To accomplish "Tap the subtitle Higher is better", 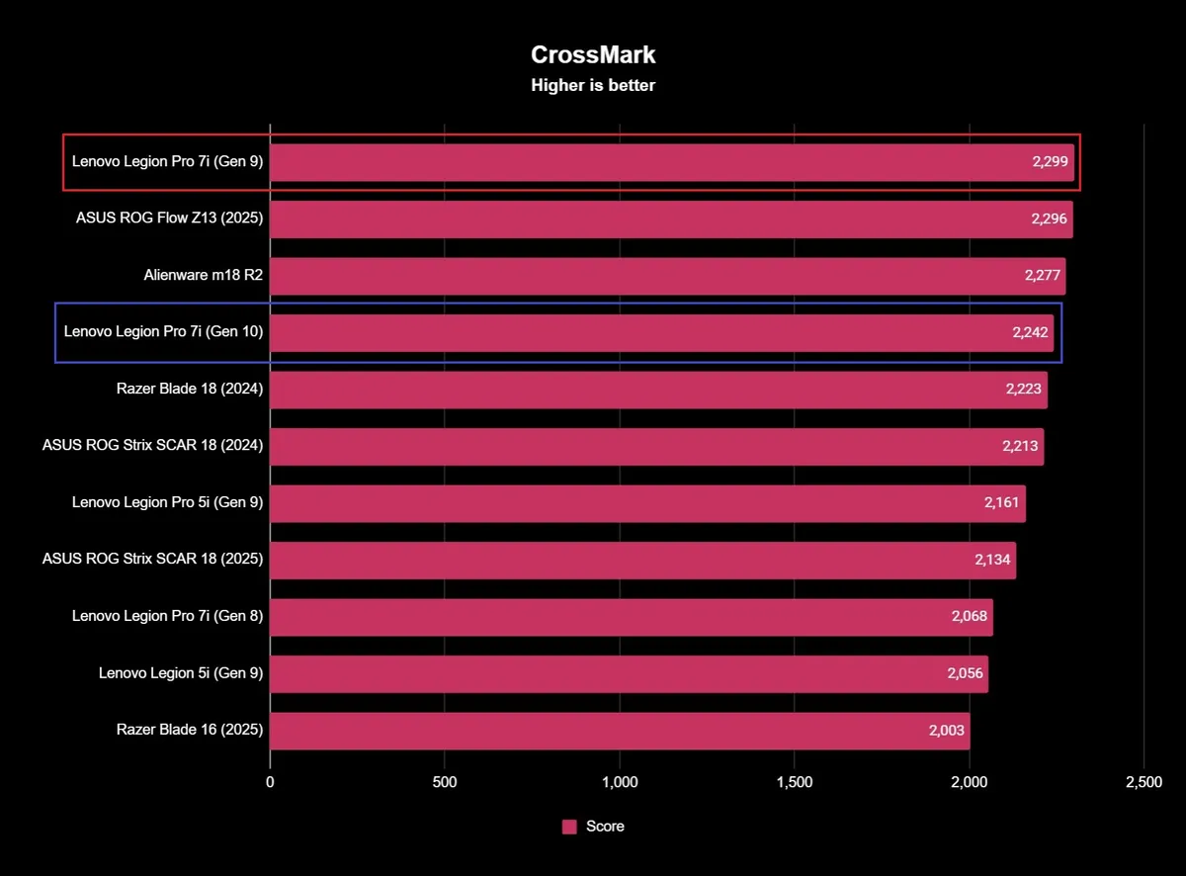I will (x=593, y=85).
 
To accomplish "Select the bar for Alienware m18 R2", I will (x=667, y=276).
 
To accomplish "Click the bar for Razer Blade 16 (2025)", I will (x=620, y=731).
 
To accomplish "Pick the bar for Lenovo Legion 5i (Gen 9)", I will (x=629, y=673).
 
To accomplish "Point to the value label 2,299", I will (x=1050, y=162).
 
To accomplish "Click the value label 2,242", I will (x=1030, y=332).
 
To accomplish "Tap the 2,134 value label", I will (x=992, y=560).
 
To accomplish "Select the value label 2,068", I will (x=970, y=617).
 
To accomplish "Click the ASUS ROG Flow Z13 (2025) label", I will (x=169, y=219).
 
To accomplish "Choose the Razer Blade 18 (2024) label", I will (x=190, y=390).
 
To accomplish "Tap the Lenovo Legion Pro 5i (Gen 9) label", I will (x=167, y=503).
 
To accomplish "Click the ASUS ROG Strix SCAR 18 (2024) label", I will (x=152, y=446).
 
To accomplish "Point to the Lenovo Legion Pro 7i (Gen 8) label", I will (x=167, y=617).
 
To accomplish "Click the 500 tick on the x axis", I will (x=445, y=782).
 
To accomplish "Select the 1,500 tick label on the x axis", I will (x=795, y=782).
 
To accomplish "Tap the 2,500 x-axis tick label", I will (x=1144, y=782).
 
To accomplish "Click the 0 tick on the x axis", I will (x=270, y=782).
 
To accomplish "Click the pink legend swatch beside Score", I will (x=569, y=827).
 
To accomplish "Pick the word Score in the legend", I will (x=605, y=827).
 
